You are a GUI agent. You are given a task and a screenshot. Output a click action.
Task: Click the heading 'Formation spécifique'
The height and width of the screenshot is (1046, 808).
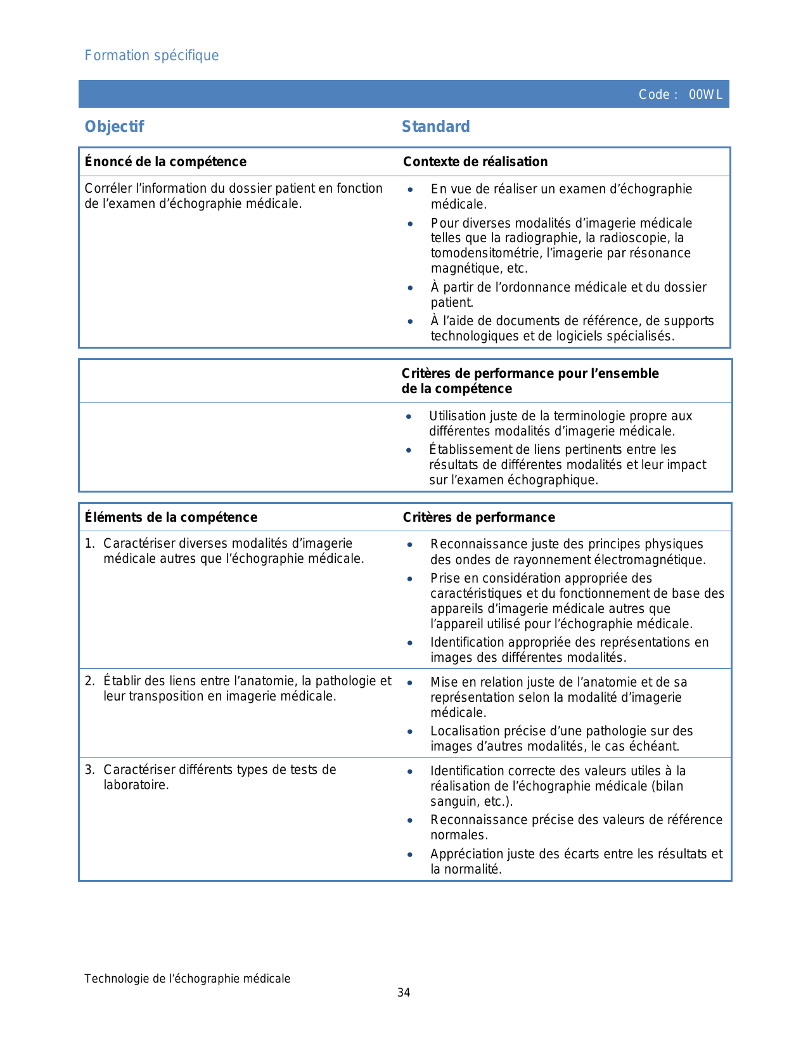(x=151, y=56)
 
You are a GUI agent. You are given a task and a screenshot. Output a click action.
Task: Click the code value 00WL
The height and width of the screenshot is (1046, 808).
(x=705, y=95)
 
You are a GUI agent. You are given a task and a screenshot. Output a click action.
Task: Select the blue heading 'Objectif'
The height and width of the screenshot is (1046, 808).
(x=114, y=127)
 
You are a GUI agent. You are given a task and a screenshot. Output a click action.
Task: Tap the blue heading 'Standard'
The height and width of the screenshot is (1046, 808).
(x=436, y=127)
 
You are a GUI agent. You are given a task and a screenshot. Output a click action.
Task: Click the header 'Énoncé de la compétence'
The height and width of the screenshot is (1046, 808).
(x=165, y=162)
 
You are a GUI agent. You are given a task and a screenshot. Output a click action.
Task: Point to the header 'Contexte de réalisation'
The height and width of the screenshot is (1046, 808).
(x=475, y=162)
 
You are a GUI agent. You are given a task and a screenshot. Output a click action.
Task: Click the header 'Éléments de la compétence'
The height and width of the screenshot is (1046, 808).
(x=171, y=517)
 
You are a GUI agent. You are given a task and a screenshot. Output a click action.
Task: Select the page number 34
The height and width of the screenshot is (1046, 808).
(x=404, y=993)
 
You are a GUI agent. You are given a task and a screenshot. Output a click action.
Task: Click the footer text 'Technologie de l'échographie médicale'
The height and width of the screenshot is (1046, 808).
(x=188, y=979)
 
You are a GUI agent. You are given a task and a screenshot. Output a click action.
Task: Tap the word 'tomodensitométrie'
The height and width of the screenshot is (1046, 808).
(x=480, y=254)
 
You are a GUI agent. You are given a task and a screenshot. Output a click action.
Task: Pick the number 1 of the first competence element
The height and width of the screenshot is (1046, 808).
(x=89, y=544)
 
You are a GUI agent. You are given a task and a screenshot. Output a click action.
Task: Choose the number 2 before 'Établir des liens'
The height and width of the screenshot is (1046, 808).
(x=89, y=681)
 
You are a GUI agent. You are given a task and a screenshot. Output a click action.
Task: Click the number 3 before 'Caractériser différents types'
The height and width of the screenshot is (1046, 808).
(x=89, y=770)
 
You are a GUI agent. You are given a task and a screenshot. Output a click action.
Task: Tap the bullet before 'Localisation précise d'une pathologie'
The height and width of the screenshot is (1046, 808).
(x=410, y=732)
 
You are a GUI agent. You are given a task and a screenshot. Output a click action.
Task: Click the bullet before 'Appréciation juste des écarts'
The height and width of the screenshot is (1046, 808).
(x=410, y=855)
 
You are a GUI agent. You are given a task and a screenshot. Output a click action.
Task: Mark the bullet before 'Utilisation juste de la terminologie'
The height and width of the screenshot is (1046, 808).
(x=409, y=416)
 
